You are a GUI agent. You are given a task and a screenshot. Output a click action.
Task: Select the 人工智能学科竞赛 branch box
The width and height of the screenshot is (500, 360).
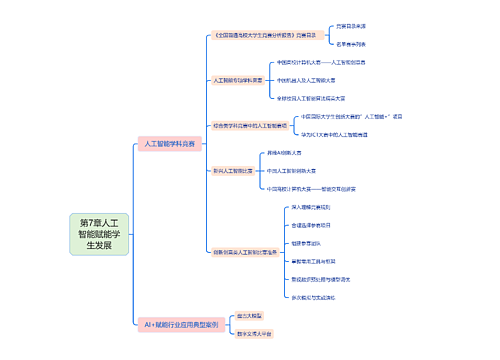point(171,144)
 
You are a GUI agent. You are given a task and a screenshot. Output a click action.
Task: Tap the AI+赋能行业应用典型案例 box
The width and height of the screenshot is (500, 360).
point(180,325)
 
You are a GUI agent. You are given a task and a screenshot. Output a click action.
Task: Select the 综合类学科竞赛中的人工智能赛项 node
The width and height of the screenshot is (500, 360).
point(249,126)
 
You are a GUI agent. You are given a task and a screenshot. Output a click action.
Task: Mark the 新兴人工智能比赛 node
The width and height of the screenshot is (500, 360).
point(232,171)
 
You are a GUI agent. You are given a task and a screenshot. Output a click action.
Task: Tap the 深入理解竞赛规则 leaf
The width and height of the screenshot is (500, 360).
point(317,207)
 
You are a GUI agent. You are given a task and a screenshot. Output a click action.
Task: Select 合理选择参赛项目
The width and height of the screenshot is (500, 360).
point(317,225)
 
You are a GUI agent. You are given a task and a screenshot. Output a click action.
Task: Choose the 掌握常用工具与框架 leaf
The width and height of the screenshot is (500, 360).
point(320,260)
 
